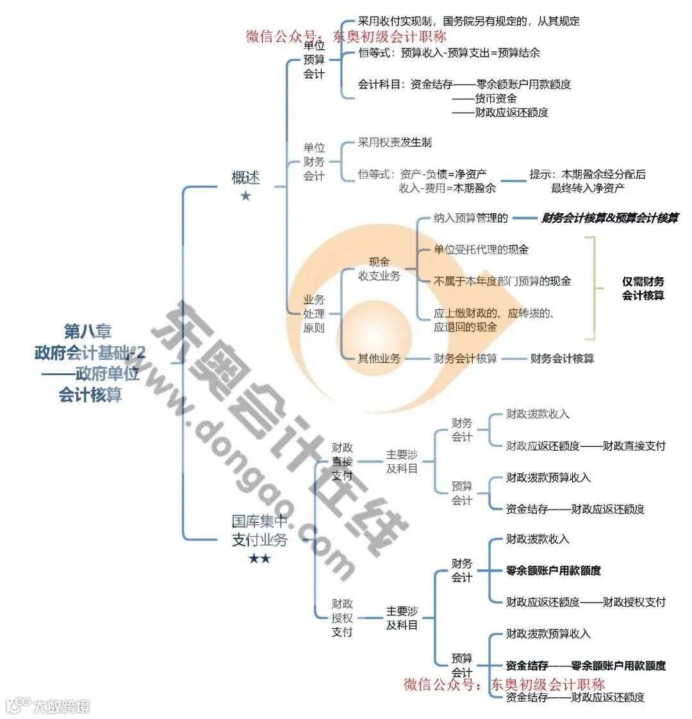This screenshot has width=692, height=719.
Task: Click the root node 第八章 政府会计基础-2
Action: (x=90, y=362)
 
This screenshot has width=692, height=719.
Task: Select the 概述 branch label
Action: (x=245, y=177)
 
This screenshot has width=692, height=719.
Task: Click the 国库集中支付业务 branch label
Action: (x=259, y=531)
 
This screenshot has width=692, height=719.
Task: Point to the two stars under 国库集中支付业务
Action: (x=259, y=558)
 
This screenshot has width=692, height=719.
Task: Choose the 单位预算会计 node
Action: (x=314, y=60)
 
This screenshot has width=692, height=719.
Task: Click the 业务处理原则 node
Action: (x=314, y=314)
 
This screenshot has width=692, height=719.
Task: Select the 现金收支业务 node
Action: (x=379, y=269)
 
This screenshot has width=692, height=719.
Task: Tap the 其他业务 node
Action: (x=379, y=359)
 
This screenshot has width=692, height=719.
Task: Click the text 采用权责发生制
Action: (x=395, y=142)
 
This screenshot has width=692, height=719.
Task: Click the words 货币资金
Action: (x=495, y=99)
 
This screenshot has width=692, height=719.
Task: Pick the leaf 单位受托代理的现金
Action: (x=481, y=249)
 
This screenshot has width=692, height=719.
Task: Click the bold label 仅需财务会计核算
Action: (x=643, y=288)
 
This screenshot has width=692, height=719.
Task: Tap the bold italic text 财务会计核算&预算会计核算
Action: (x=609, y=218)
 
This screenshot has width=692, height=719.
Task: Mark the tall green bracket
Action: (x=592, y=288)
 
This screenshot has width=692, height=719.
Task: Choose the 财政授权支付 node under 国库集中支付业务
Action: (x=342, y=618)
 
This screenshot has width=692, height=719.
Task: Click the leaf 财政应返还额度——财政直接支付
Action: (x=585, y=446)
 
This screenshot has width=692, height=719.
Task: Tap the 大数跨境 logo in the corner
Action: (x=48, y=706)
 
